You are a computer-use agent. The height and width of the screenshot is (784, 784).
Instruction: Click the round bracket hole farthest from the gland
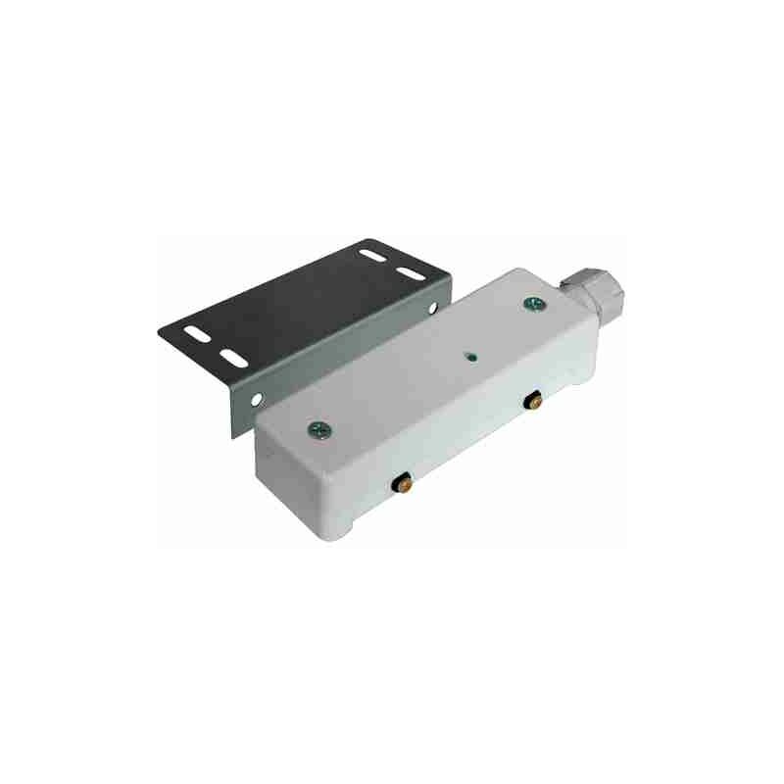[x=256, y=400]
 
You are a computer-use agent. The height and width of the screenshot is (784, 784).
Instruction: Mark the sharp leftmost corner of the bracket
[x=158, y=330]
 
